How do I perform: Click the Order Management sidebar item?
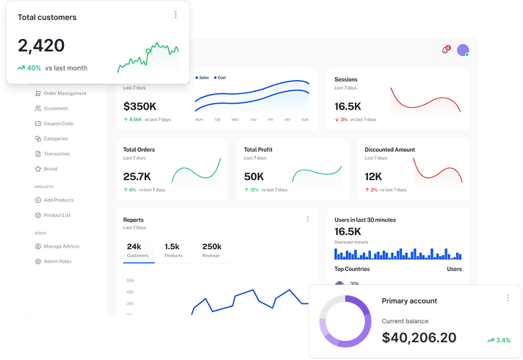[65, 93]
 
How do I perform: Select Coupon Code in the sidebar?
[58, 123]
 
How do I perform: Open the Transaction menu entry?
[57, 154]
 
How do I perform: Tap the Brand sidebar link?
[50, 169]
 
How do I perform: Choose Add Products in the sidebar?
[58, 200]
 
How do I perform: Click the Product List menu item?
[57, 215]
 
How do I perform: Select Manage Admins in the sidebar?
[61, 246]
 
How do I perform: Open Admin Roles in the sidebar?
[57, 262]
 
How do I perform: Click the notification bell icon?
[445, 50]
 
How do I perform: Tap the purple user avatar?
[463, 50]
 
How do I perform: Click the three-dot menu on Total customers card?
[175, 15]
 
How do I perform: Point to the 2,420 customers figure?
[41, 46]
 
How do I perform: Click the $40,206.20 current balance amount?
[419, 338]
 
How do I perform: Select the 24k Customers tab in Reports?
[137, 251]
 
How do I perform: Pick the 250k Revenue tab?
[212, 251]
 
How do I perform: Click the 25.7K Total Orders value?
[137, 176]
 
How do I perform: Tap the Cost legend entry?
[220, 77]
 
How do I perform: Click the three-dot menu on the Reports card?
[308, 219]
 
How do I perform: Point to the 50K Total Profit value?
[254, 176]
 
